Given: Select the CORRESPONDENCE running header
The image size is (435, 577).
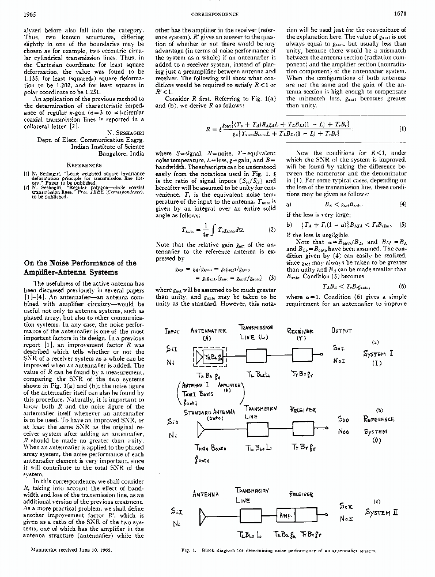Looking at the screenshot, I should (x=217, y=13).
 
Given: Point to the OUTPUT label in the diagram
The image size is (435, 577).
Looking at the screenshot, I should (x=342, y=331).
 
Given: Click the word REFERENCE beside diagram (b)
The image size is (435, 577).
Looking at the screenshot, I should (x=379, y=419).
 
